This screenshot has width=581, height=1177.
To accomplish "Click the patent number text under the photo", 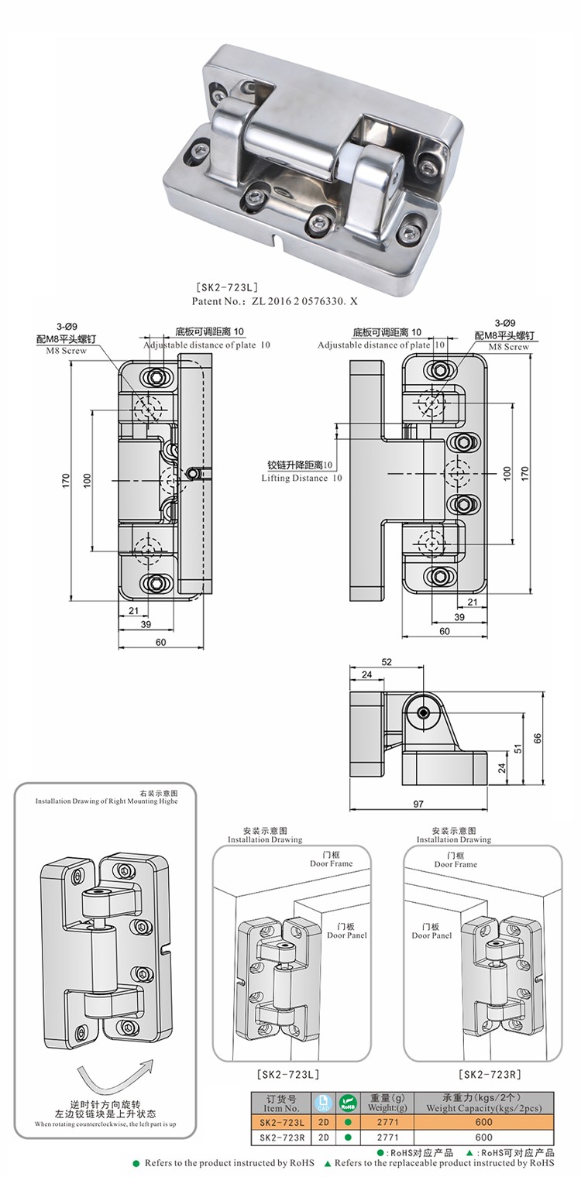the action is pyautogui.click(x=274, y=301).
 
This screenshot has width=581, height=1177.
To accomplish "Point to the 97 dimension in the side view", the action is pyautogui.click(x=418, y=804).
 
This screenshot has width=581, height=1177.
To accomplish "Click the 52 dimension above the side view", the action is pyautogui.click(x=387, y=662).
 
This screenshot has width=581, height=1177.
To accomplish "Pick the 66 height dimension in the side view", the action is pyautogui.click(x=537, y=738).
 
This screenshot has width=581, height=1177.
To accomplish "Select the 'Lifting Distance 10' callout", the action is pyautogui.click(x=302, y=478).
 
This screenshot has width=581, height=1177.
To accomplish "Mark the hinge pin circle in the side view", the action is pyautogui.click(x=423, y=712).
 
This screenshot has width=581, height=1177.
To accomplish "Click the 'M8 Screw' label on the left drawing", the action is pyautogui.click(x=67, y=351).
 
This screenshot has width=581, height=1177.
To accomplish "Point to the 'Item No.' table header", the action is pyautogui.click(x=281, y=1107).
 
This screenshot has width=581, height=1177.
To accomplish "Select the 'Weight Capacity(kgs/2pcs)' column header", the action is pyautogui.click(x=483, y=1108).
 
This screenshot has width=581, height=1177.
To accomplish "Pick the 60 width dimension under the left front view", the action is pyautogui.click(x=161, y=642).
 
